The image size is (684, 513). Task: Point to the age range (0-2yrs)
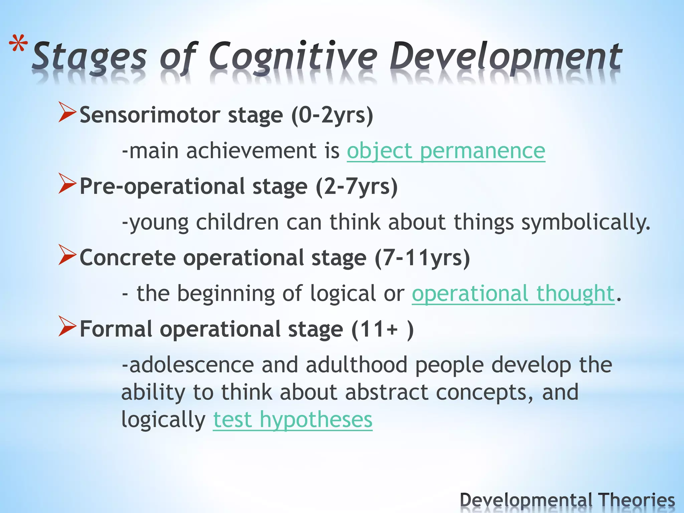tap(332, 115)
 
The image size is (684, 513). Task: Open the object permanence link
tap(446, 151)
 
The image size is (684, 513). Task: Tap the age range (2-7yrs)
tap(357, 186)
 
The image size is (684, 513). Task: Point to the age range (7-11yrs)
tap(422, 258)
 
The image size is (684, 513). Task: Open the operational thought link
tap(513, 294)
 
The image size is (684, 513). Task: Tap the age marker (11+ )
tap(382, 329)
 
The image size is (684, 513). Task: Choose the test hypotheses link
tap(293, 419)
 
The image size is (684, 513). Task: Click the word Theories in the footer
tap(636, 500)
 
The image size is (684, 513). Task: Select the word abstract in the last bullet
tap(386, 392)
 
